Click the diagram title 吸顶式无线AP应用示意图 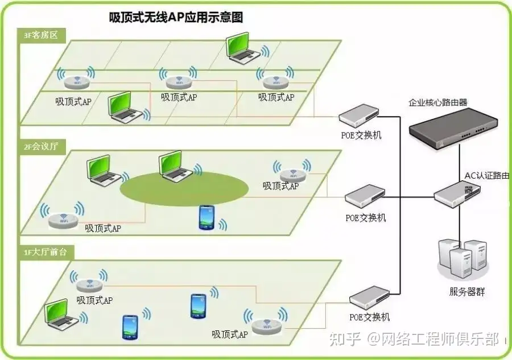pos(176,18)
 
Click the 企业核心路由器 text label pos(437,103)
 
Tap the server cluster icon pos(461,260)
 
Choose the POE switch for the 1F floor pos(370,298)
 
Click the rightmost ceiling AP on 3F pos(275,80)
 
